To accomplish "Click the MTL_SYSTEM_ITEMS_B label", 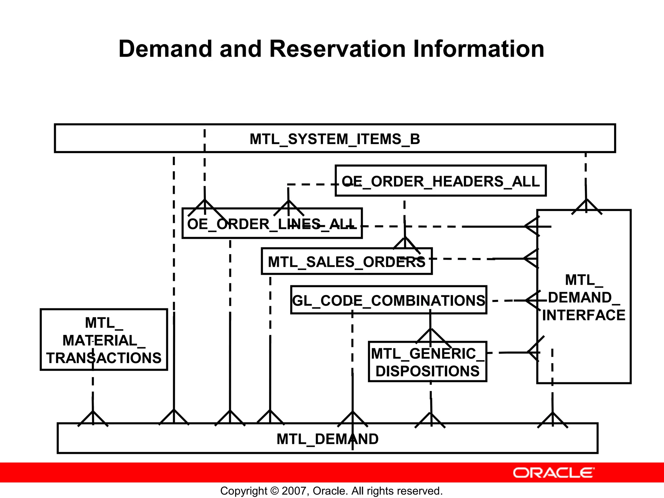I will point(335,139).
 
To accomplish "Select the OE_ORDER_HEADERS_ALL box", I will point(440,181).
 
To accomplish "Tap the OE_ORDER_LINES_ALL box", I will point(272,224).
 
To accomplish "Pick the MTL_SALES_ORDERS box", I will point(346,262).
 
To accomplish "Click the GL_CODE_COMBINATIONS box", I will point(388,301).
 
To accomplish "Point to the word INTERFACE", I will point(584,315).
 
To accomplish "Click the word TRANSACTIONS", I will point(104,358).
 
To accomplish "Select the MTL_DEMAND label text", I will point(327,439).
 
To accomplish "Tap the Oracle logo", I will point(554,473).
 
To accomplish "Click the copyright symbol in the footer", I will point(274,491).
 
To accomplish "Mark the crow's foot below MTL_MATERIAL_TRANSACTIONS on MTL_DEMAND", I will point(93,418).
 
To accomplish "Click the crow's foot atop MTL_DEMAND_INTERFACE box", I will point(587,207).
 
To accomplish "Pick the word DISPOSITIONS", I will point(427,371).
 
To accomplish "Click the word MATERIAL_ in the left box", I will point(104,341).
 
